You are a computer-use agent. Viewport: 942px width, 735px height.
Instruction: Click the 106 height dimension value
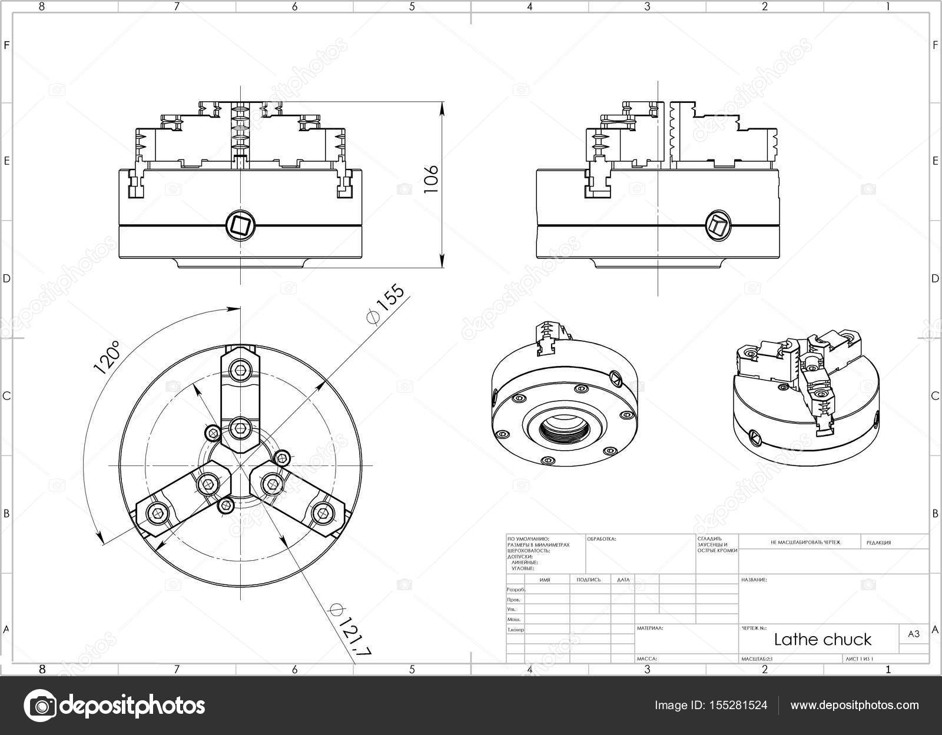coord(432,178)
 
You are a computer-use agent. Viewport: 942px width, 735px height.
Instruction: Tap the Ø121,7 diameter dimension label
coord(350,629)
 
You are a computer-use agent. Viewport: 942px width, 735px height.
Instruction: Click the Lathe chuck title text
coord(822,639)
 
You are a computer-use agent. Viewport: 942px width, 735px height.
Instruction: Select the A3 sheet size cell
coord(913,634)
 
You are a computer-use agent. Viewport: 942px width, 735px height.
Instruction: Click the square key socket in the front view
coord(240,225)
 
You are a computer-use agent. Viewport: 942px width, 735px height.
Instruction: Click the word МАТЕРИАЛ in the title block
coord(650,628)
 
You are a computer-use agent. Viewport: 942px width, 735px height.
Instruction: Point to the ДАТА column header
coord(623,580)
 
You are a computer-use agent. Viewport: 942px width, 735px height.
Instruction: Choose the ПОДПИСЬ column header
coord(589,580)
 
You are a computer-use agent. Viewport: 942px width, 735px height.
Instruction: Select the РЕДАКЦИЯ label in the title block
coord(878,543)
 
